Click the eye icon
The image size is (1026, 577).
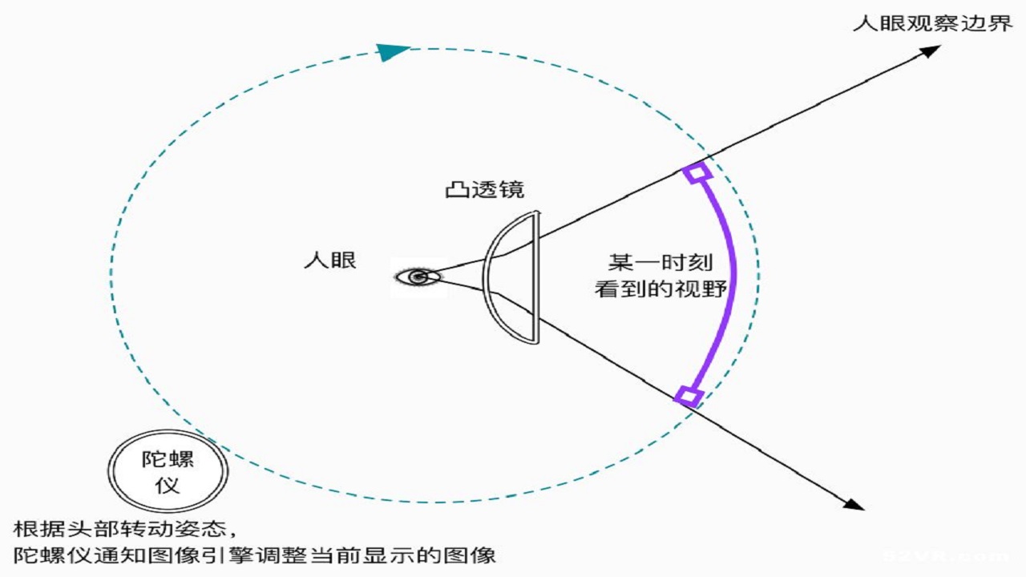[x=418, y=276]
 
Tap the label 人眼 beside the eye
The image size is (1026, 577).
[x=330, y=260]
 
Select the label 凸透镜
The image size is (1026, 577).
[x=485, y=190]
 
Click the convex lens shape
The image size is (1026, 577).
[x=486, y=277]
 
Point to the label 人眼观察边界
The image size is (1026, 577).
[x=932, y=23]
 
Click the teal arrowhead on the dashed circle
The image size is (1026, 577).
[x=392, y=52]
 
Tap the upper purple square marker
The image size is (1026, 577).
[x=697, y=172]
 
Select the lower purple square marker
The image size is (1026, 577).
[x=689, y=397]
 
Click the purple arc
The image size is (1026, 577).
[x=733, y=284]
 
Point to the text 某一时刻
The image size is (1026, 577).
[x=660, y=262]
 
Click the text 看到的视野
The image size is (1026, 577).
[x=660, y=289]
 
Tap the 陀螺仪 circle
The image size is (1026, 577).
[x=168, y=471]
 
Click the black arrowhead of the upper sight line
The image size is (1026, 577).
[x=930, y=50]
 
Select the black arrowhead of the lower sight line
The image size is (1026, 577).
[x=854, y=504]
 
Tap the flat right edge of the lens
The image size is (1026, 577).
[x=536, y=277]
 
